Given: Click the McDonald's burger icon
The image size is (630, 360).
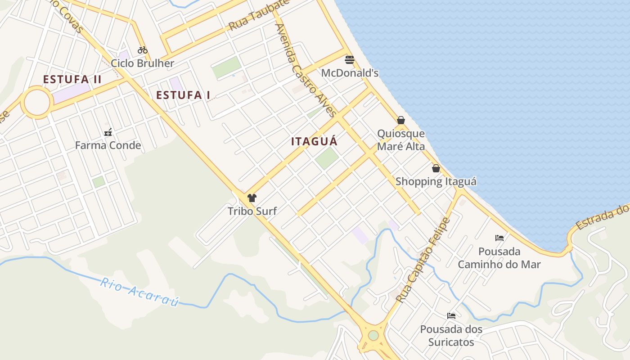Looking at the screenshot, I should [350, 59].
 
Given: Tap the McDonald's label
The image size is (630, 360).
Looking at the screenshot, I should [350, 73].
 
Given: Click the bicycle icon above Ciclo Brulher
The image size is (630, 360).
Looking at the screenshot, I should [143, 49].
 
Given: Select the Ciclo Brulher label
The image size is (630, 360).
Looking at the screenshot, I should [142, 63].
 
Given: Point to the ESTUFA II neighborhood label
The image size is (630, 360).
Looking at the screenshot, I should [72, 80].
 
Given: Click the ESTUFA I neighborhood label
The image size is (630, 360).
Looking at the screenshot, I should [183, 95].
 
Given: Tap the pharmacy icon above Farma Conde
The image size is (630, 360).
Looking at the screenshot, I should [108, 132].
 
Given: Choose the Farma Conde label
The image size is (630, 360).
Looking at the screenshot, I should [108, 145].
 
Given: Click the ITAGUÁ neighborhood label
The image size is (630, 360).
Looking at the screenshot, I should [314, 141].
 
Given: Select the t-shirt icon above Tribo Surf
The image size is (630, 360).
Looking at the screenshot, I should [252, 198].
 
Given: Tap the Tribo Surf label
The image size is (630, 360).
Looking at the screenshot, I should [252, 211].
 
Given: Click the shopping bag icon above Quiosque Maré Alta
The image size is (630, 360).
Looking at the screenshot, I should [401, 120].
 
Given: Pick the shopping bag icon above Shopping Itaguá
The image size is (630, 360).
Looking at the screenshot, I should [436, 168].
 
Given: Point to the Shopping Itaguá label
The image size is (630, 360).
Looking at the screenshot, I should [436, 182].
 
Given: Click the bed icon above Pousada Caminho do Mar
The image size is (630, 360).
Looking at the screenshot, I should [499, 238].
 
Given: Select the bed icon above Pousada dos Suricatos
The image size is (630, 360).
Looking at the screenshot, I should [451, 316].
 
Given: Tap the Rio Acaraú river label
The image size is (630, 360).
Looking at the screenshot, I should [139, 292].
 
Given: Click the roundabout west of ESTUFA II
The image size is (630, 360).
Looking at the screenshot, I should [36, 103].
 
